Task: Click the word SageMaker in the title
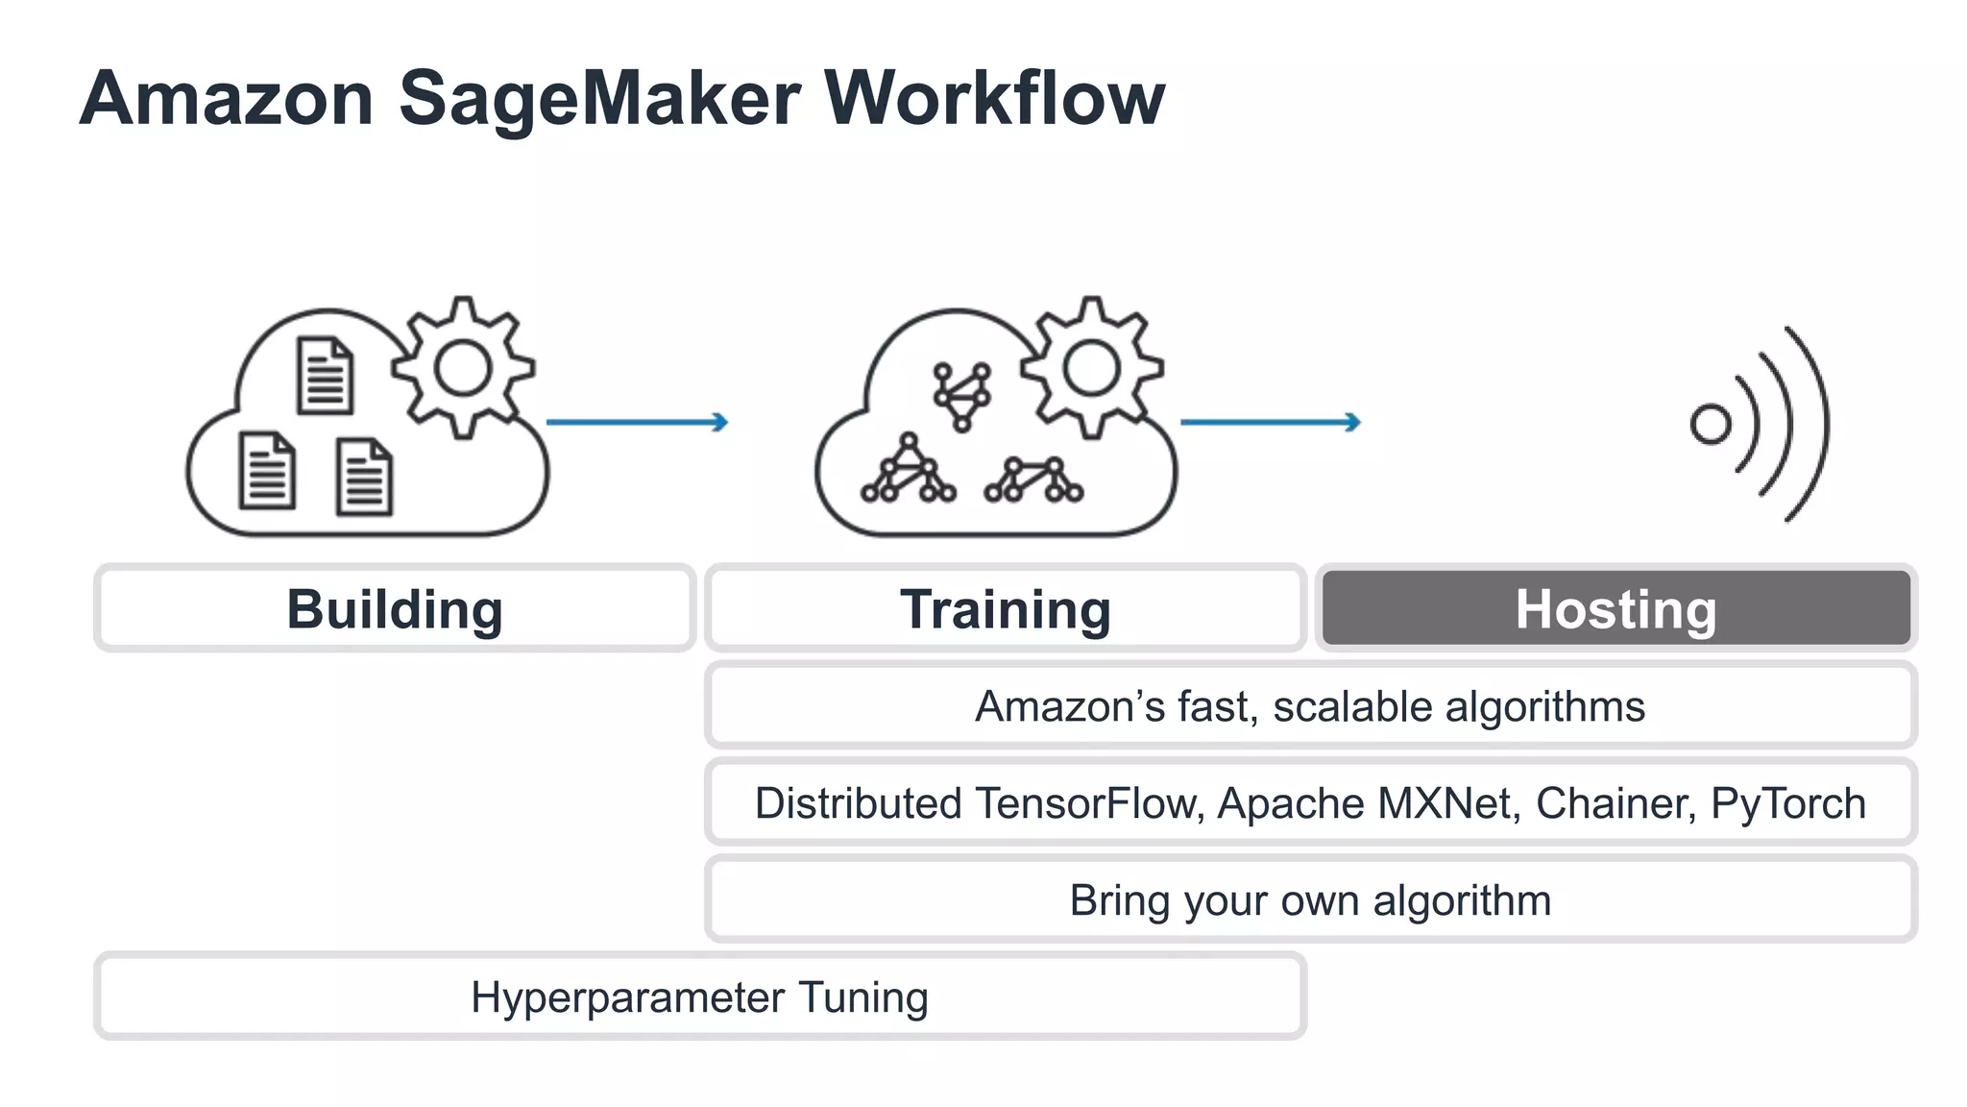[x=599, y=99]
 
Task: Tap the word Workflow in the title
[x=994, y=97]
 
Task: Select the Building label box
[x=395, y=608]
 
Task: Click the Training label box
[x=1005, y=608]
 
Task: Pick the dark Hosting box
[x=1615, y=608]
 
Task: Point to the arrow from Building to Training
[x=637, y=422]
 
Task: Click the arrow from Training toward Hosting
[x=1270, y=422]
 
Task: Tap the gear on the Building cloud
[x=463, y=368]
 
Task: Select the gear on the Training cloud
[x=1092, y=368]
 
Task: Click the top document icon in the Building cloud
[x=325, y=376]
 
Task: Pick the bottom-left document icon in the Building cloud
[x=266, y=470]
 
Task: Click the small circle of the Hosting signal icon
[x=1710, y=424]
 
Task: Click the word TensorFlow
[x=1089, y=803]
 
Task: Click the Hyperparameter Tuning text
[x=699, y=996]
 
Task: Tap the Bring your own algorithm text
[x=1310, y=900]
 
